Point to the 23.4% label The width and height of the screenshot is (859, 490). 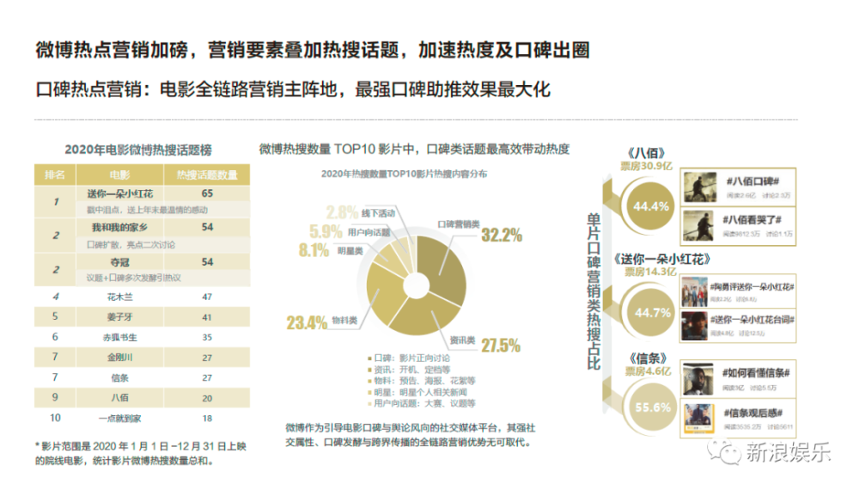coord(306,323)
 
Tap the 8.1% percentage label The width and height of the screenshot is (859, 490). coord(314,251)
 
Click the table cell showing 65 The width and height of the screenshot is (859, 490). coord(207,194)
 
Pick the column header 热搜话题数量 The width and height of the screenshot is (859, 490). coord(207,175)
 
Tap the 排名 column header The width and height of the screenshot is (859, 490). coord(54,175)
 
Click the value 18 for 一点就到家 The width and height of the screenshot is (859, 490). coord(207,418)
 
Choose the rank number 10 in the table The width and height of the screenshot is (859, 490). coord(55,418)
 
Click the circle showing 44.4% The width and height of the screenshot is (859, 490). coord(649,207)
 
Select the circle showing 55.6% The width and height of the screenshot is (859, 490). coord(650,407)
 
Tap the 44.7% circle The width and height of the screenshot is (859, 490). coord(650,312)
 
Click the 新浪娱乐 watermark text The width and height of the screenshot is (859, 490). coord(788,452)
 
